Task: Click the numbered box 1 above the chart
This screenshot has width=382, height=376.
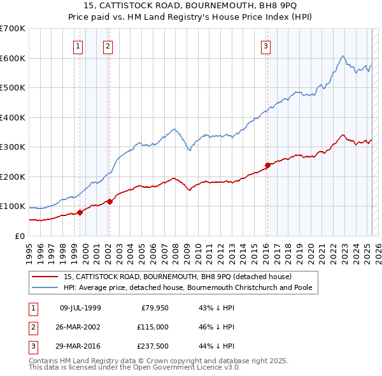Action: [x=78, y=46]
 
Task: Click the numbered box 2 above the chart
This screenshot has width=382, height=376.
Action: [x=108, y=46]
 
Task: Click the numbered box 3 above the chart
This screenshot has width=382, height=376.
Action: [x=265, y=46]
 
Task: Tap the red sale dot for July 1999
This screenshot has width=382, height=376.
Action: [x=80, y=212]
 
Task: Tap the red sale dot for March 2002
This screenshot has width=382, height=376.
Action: [x=110, y=201]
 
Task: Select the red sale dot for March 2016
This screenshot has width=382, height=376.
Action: [x=267, y=166]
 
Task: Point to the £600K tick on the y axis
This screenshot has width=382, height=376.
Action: [x=13, y=58]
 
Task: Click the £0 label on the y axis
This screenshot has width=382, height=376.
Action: [x=19, y=236]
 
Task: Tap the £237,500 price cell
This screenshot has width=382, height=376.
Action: [x=152, y=346]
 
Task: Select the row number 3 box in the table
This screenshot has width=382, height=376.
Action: [x=32, y=346]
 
